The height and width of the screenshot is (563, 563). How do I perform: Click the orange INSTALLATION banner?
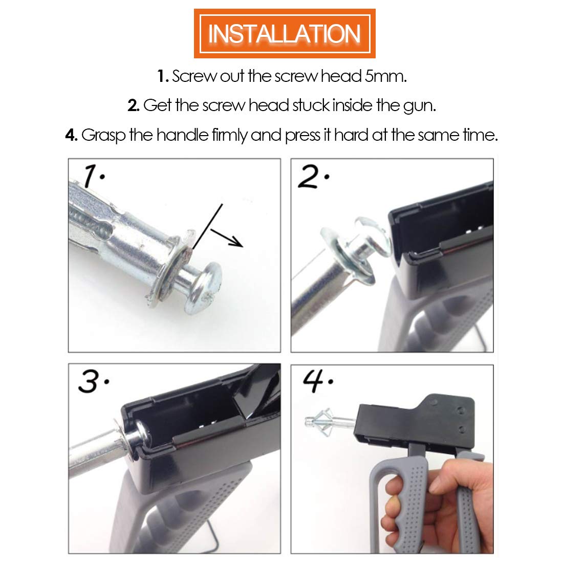pos(285,33)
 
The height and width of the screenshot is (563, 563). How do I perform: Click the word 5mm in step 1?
pos(385,76)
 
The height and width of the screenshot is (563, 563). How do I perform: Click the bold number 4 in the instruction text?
pos(71,135)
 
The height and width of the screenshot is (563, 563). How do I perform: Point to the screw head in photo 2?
pos(374,236)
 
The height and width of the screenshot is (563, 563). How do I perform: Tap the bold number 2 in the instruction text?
pos(133,106)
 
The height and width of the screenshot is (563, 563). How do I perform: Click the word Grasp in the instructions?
pos(103,136)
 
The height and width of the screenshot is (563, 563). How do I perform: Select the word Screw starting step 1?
pos(194,76)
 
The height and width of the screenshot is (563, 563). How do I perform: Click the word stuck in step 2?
pos(311,105)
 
